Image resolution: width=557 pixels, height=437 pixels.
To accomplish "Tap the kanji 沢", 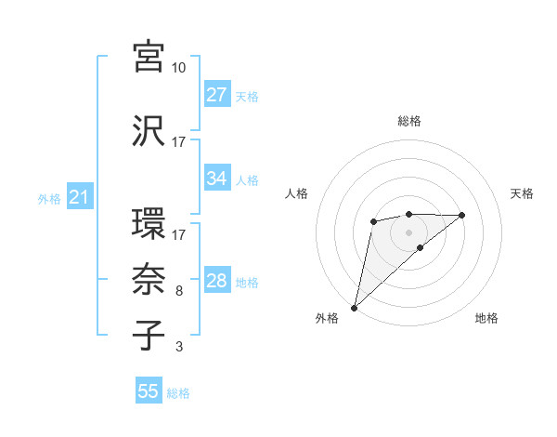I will [149, 132].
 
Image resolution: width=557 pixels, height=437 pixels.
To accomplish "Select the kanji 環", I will [149, 225].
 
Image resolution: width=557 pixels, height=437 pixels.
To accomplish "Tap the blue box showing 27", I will [216, 95].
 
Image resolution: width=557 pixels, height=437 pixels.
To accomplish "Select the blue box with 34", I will [216, 179].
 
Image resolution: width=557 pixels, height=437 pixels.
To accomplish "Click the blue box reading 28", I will [216, 281].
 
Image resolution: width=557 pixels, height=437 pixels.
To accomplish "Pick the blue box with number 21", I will [79, 197].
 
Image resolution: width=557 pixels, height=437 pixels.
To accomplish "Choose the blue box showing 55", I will [149, 391].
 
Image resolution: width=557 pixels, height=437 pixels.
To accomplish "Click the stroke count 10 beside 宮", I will [178, 68].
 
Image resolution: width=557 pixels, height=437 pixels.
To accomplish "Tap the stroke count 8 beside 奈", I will [179, 291].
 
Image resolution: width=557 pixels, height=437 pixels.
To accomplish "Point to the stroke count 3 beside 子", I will [179, 348].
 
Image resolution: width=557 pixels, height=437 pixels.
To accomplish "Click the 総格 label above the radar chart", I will [409, 121].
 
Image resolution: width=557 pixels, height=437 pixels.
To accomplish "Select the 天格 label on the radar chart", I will [523, 193].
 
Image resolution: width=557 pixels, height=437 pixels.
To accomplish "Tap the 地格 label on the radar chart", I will [486, 319].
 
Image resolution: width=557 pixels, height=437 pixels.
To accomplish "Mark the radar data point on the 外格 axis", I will [354, 308].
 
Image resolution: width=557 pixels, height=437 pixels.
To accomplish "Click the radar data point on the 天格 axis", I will [462, 215].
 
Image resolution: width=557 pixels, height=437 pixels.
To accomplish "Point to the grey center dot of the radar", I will [409, 232].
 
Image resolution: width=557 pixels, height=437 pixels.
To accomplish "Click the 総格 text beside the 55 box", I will [179, 392].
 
